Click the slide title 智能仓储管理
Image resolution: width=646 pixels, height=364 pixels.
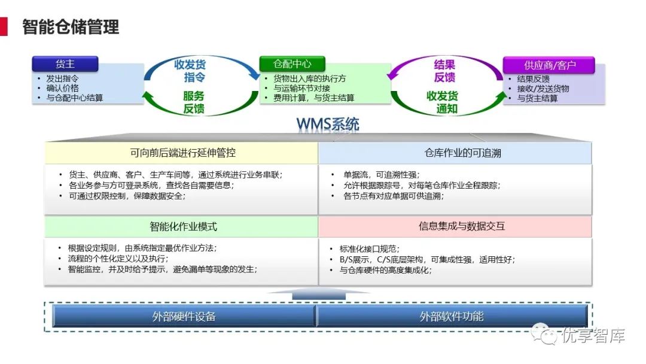(x=71, y=27)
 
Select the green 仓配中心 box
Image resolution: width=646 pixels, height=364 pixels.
(x=292, y=64)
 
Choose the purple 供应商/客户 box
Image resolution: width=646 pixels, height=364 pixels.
(x=549, y=65)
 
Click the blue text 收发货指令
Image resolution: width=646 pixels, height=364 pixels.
(x=190, y=71)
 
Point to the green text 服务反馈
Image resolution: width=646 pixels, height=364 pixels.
(x=193, y=102)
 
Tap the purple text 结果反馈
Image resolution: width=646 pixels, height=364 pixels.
(x=444, y=71)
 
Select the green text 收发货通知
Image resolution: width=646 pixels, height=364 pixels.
(x=443, y=102)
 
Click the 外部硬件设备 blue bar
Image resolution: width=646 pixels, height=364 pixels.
(x=184, y=316)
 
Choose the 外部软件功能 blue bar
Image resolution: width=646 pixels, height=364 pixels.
(x=451, y=316)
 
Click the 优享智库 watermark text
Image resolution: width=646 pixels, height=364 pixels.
(x=593, y=335)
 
